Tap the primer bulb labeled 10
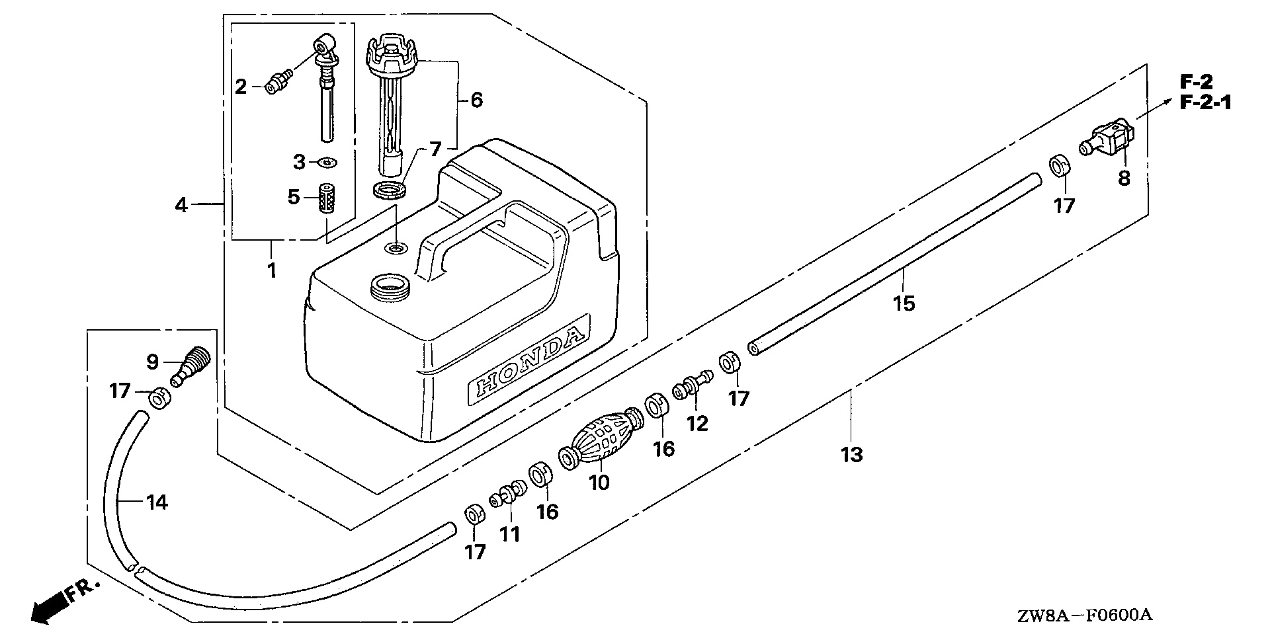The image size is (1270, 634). click(x=603, y=441)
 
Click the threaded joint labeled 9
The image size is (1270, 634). click(x=190, y=367)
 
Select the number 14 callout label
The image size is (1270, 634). click(x=157, y=503)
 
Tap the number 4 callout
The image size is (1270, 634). click(x=181, y=205)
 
